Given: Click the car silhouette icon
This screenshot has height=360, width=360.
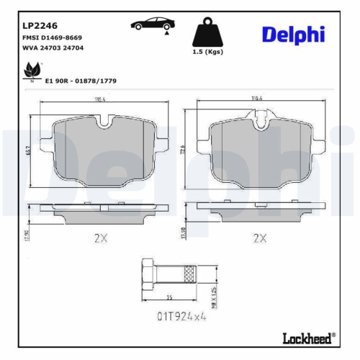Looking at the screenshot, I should [150, 25].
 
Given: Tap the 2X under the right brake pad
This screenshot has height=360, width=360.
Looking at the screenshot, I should [260, 238].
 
